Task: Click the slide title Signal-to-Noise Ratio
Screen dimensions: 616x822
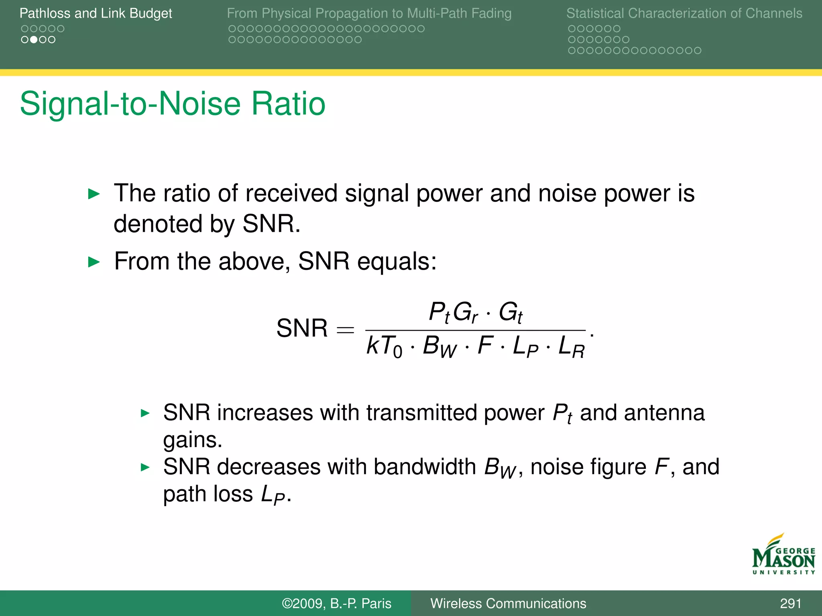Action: (173, 104)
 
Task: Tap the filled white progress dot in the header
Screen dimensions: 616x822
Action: (34, 40)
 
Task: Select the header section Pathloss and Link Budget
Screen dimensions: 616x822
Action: (96, 13)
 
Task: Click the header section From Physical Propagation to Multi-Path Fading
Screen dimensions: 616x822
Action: (369, 13)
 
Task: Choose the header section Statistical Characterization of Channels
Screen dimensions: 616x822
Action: (684, 13)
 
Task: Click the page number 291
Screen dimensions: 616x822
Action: (790, 603)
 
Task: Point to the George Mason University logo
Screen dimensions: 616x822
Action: (783, 555)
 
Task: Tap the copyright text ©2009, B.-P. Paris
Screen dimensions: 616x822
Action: (336, 603)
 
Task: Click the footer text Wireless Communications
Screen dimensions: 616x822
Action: (508, 603)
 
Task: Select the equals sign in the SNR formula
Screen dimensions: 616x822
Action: (345, 330)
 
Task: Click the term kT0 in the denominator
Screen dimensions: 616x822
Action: (384, 346)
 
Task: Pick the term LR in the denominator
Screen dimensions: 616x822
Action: (572, 346)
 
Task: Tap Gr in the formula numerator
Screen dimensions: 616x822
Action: (465, 312)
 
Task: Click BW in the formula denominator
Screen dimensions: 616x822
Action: (439, 346)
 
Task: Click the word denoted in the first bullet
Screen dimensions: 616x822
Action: (157, 223)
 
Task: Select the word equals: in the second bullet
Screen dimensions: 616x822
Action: (397, 261)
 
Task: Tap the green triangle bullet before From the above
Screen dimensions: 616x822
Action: (94, 262)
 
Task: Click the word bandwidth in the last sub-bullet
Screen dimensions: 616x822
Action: (425, 467)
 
